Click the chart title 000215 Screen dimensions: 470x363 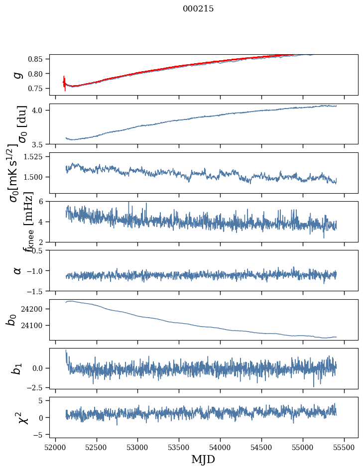(198, 8)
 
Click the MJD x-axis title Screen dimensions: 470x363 (203, 459)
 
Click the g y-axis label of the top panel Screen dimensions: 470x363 (18, 75)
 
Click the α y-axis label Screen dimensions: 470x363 (18, 270)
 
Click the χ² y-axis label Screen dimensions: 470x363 (18, 418)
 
